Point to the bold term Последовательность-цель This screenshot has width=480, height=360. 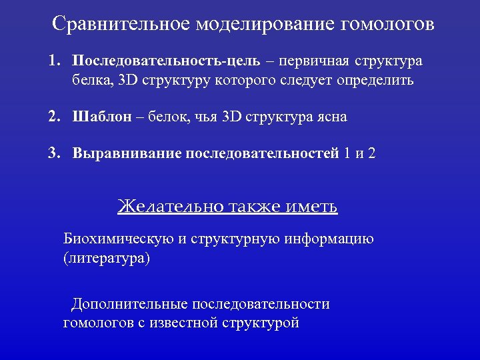167,61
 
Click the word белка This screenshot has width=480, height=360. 93,81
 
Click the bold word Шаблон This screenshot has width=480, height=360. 101,117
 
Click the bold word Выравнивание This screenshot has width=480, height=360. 127,153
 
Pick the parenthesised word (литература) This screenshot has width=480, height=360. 107,258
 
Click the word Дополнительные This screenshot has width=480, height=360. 130,304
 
